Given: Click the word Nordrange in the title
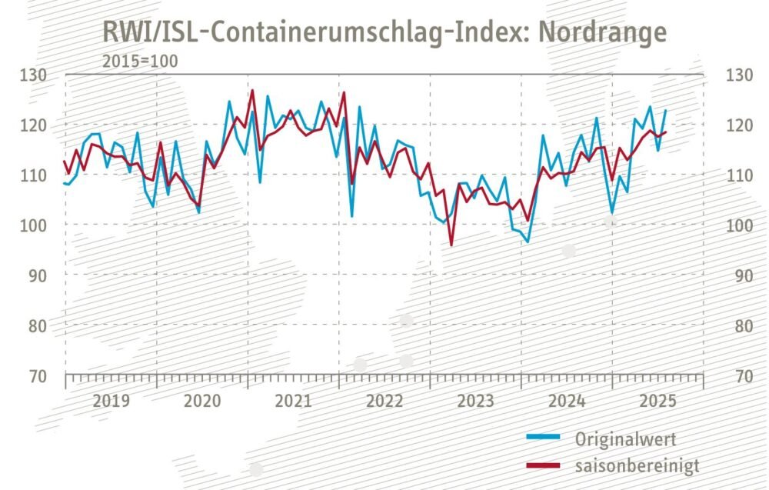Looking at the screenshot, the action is tap(602, 33).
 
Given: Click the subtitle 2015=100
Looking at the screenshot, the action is tap(140, 62).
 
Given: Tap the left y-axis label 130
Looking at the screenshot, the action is tap(33, 75).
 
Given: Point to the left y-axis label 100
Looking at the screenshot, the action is tap(33, 225).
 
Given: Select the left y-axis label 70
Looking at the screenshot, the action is tap(38, 376).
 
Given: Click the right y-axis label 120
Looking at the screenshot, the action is tap(739, 125).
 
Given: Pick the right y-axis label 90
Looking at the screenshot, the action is tap(744, 276).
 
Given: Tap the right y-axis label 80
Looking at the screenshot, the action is tap(744, 326).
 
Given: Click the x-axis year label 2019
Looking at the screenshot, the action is tap(112, 401).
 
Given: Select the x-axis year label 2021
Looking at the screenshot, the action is tap(293, 401).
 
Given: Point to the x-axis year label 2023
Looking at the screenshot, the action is tap(476, 401).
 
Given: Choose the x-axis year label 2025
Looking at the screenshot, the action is tap(658, 401).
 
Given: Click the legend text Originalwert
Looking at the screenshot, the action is tap(626, 439).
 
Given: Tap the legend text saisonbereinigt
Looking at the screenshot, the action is tap(638, 465).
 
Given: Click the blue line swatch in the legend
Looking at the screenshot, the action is tap(544, 436).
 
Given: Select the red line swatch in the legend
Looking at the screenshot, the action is tap(544, 465).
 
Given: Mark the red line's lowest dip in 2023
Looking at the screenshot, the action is tap(451, 245).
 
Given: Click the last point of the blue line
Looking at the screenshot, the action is tap(665, 110).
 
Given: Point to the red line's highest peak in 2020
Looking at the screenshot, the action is tap(252, 91).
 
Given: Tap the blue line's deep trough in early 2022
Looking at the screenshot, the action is tap(351, 216).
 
